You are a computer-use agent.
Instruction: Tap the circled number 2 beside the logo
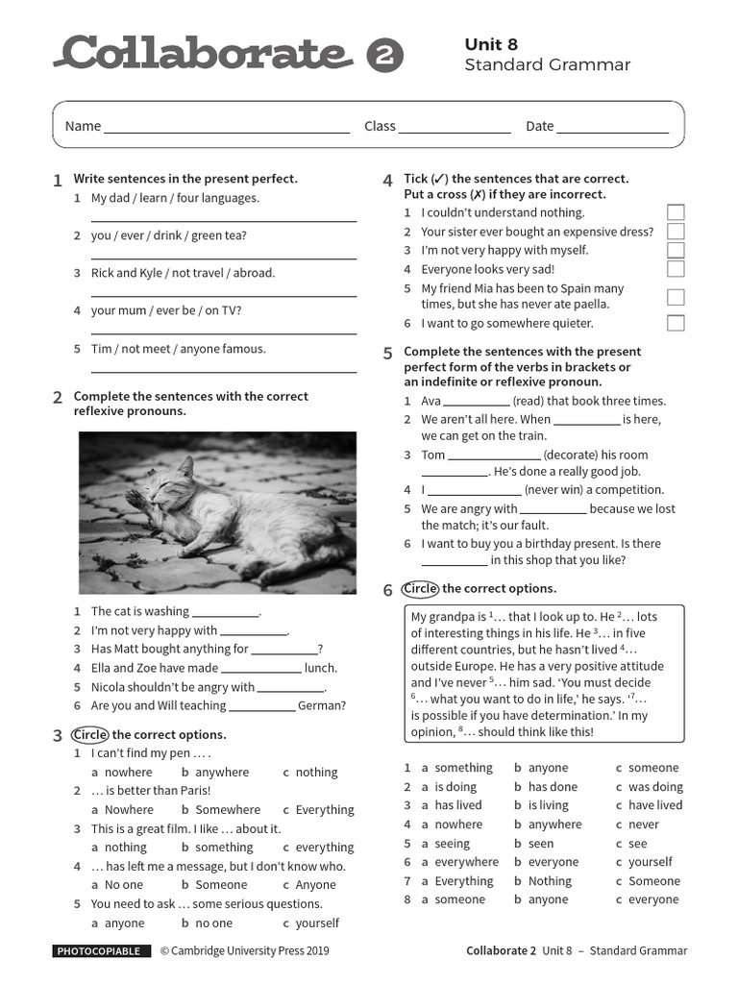tap(385, 58)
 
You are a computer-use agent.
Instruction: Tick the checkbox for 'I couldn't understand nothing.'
tap(676, 212)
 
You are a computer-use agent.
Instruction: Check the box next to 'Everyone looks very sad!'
tap(676, 269)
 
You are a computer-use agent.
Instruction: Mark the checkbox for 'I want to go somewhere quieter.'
tap(676, 323)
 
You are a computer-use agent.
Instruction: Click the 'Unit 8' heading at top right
tap(491, 44)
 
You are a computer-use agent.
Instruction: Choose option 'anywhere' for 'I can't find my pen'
tap(222, 772)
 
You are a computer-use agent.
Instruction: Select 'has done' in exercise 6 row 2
tap(553, 786)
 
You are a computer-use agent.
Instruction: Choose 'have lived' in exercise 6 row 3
tap(655, 805)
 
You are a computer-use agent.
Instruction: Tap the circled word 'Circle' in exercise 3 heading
tap(89, 734)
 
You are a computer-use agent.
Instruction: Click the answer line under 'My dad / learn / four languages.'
tap(224, 220)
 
